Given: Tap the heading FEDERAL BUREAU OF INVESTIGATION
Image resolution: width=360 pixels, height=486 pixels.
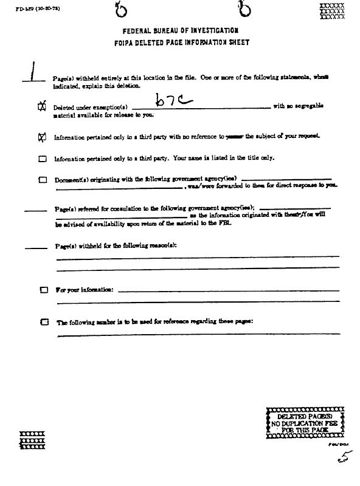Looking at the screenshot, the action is pyautogui.click(x=180, y=30).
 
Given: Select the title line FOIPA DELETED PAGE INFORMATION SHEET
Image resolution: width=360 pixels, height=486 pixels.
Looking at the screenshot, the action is pyautogui.click(x=180, y=43).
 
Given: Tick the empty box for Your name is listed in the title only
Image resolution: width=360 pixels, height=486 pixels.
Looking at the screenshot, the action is pyautogui.click(x=43, y=159).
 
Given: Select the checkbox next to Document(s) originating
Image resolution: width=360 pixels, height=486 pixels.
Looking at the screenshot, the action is pyautogui.click(x=43, y=180).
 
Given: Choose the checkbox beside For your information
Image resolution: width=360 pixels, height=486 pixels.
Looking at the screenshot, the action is pyautogui.click(x=43, y=290).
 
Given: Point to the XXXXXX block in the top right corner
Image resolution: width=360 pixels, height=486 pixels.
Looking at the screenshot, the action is pyautogui.click(x=331, y=11).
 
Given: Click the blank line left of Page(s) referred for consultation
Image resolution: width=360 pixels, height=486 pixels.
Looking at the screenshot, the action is pyautogui.click(x=35, y=211).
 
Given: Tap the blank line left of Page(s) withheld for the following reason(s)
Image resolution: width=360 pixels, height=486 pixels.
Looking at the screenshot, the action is pyautogui.click(x=35, y=247).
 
